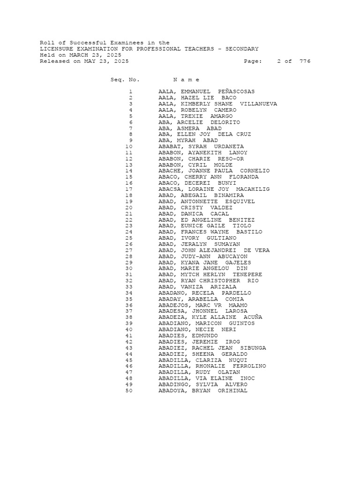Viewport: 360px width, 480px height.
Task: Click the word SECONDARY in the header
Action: pyautogui.click(x=242, y=49)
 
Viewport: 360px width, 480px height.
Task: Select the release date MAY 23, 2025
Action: pyautogui.click(x=106, y=61)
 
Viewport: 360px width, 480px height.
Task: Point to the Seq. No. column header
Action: pyautogui.click(x=125, y=80)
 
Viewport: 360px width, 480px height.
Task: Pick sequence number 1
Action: pyautogui.click(x=130, y=91)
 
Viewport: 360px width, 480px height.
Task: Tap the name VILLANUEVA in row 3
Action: pyautogui.click(x=258, y=104)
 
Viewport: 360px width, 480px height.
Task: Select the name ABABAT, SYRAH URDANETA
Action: pyautogui.click(x=201, y=147)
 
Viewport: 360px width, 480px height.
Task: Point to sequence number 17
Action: pyautogui.click(x=129, y=189)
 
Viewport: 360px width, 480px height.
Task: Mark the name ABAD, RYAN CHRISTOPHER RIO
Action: pyautogui.click(x=208, y=281)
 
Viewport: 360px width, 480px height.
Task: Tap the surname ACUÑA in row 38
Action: pyautogui.click(x=253, y=317)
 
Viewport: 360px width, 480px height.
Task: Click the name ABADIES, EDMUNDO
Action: pyautogui.click(x=188, y=336)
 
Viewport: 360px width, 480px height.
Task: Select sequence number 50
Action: pyautogui.click(x=129, y=390)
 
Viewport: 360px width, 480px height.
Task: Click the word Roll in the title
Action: pyautogui.click(x=47, y=43)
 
